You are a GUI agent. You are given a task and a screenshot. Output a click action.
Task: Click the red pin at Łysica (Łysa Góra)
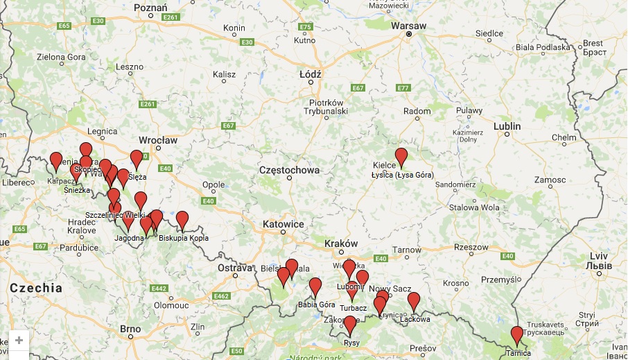click(x=401, y=157)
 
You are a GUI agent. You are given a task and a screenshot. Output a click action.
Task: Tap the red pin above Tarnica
click(x=516, y=335)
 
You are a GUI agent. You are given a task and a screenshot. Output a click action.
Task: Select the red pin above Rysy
click(x=350, y=324)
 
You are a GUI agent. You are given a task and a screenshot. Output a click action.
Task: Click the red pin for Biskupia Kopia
click(x=182, y=220)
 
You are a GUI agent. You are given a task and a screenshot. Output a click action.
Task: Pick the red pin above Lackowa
click(x=414, y=301)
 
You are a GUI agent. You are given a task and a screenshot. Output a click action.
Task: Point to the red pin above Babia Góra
click(x=315, y=286)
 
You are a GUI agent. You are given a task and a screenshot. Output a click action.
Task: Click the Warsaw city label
click(x=408, y=25)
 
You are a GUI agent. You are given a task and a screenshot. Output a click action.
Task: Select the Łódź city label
click(x=310, y=74)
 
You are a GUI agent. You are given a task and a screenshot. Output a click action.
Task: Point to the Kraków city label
click(x=340, y=244)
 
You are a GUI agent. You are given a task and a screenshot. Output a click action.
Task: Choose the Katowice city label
click(x=283, y=225)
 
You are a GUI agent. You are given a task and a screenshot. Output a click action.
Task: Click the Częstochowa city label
click(x=289, y=170)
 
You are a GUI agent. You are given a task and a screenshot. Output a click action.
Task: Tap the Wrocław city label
click(x=158, y=140)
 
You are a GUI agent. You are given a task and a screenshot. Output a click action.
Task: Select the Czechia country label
click(x=35, y=287)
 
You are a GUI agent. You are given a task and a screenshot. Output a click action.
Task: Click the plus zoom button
click(x=19, y=341)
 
